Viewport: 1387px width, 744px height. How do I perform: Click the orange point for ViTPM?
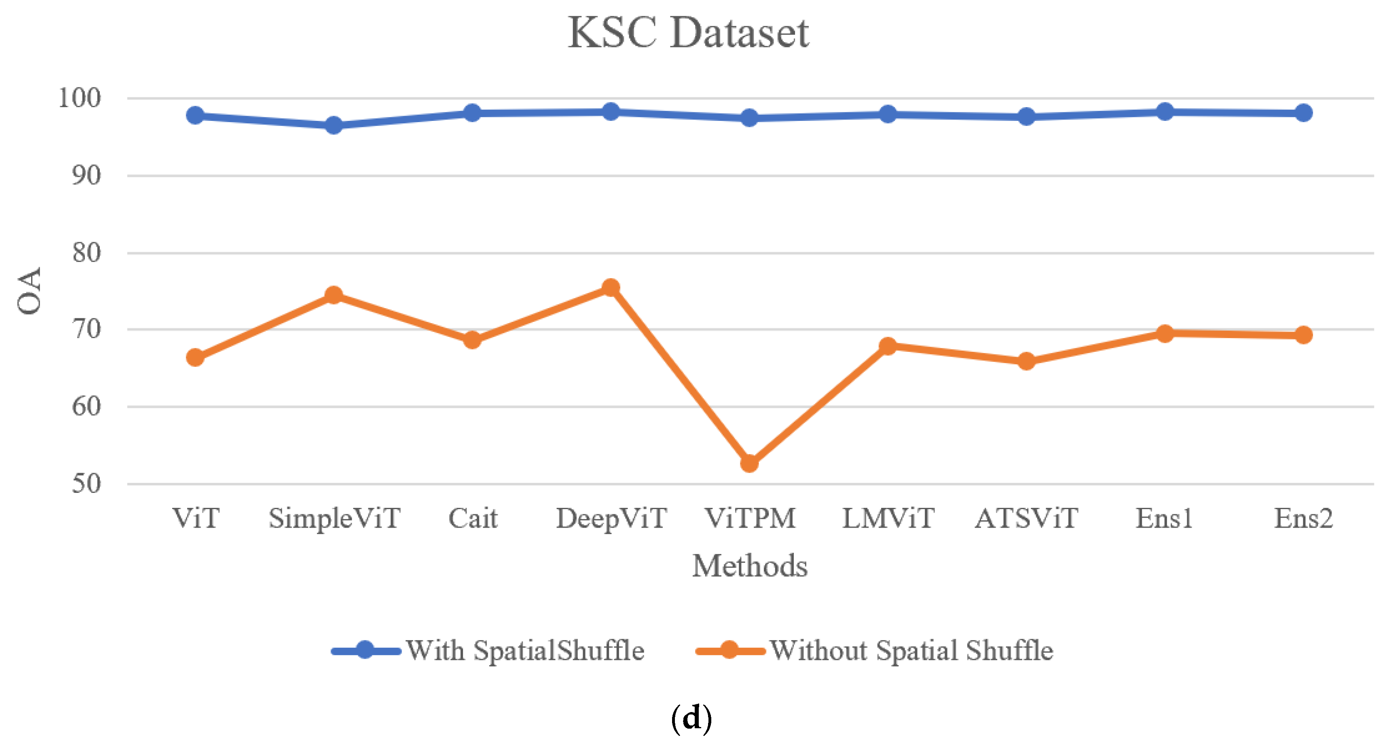pyautogui.click(x=749, y=463)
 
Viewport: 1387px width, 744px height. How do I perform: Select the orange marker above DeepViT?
pyautogui.click(x=611, y=287)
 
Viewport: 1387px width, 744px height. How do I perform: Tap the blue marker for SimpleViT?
pyautogui.click(x=334, y=125)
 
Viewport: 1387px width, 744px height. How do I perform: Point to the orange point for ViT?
pyautogui.click(x=195, y=357)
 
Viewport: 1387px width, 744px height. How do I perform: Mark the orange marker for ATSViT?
pyautogui.click(x=1026, y=361)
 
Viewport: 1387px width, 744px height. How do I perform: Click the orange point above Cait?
pyautogui.click(x=472, y=340)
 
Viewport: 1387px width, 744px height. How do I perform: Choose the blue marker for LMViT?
pyautogui.click(x=888, y=114)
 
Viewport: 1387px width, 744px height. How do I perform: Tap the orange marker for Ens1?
pyautogui.click(x=1165, y=333)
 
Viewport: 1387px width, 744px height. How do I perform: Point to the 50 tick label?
pyautogui.click(x=86, y=484)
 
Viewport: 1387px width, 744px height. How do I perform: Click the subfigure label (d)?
pyautogui.click(x=691, y=718)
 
